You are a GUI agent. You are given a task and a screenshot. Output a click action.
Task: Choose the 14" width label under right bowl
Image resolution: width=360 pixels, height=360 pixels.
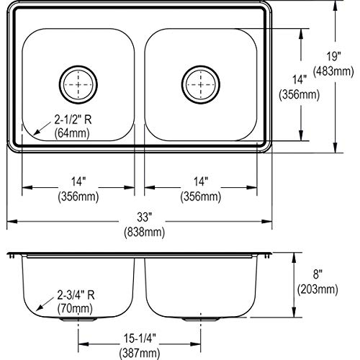point(201,182)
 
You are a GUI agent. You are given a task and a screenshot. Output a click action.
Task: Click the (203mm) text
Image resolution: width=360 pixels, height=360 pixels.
point(317,289)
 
